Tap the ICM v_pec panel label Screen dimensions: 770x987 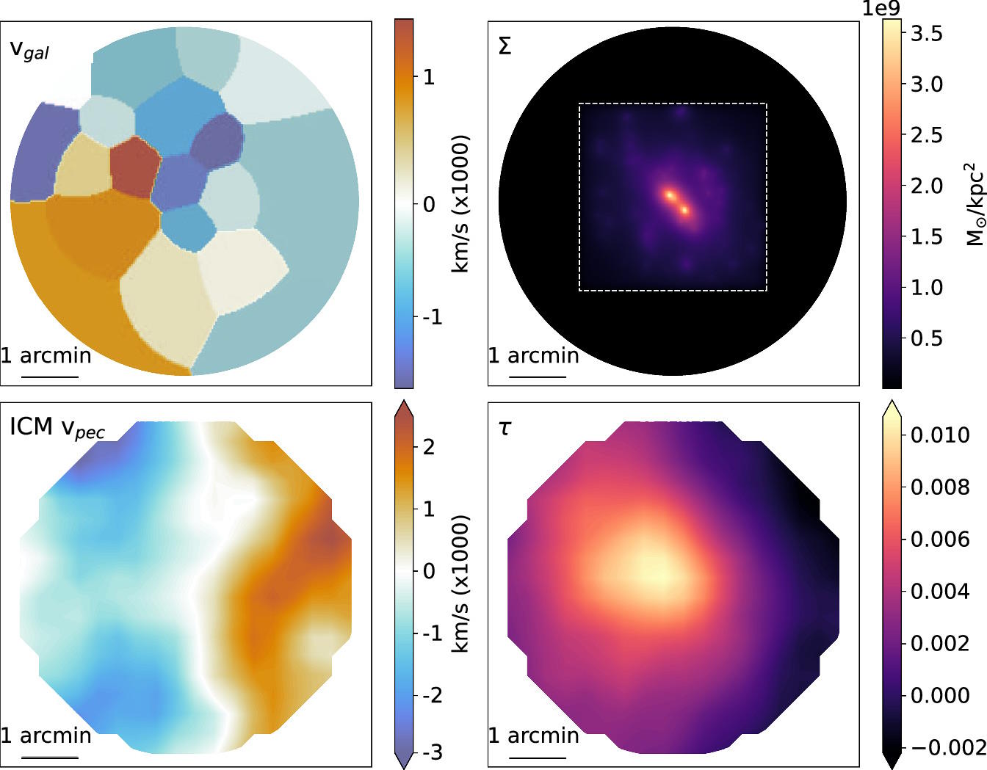click(57, 429)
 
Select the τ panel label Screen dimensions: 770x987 click(505, 428)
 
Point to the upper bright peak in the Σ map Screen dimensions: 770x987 click(670, 195)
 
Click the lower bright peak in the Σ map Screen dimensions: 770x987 click(685, 211)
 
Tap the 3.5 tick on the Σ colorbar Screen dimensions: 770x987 click(926, 33)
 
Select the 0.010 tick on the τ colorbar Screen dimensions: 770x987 click(940, 435)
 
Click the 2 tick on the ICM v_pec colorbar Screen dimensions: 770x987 click(429, 446)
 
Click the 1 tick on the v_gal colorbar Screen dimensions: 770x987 click(429, 76)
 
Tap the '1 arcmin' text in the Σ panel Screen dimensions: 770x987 click(534, 356)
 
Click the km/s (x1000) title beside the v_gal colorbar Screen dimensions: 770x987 click(460, 204)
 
